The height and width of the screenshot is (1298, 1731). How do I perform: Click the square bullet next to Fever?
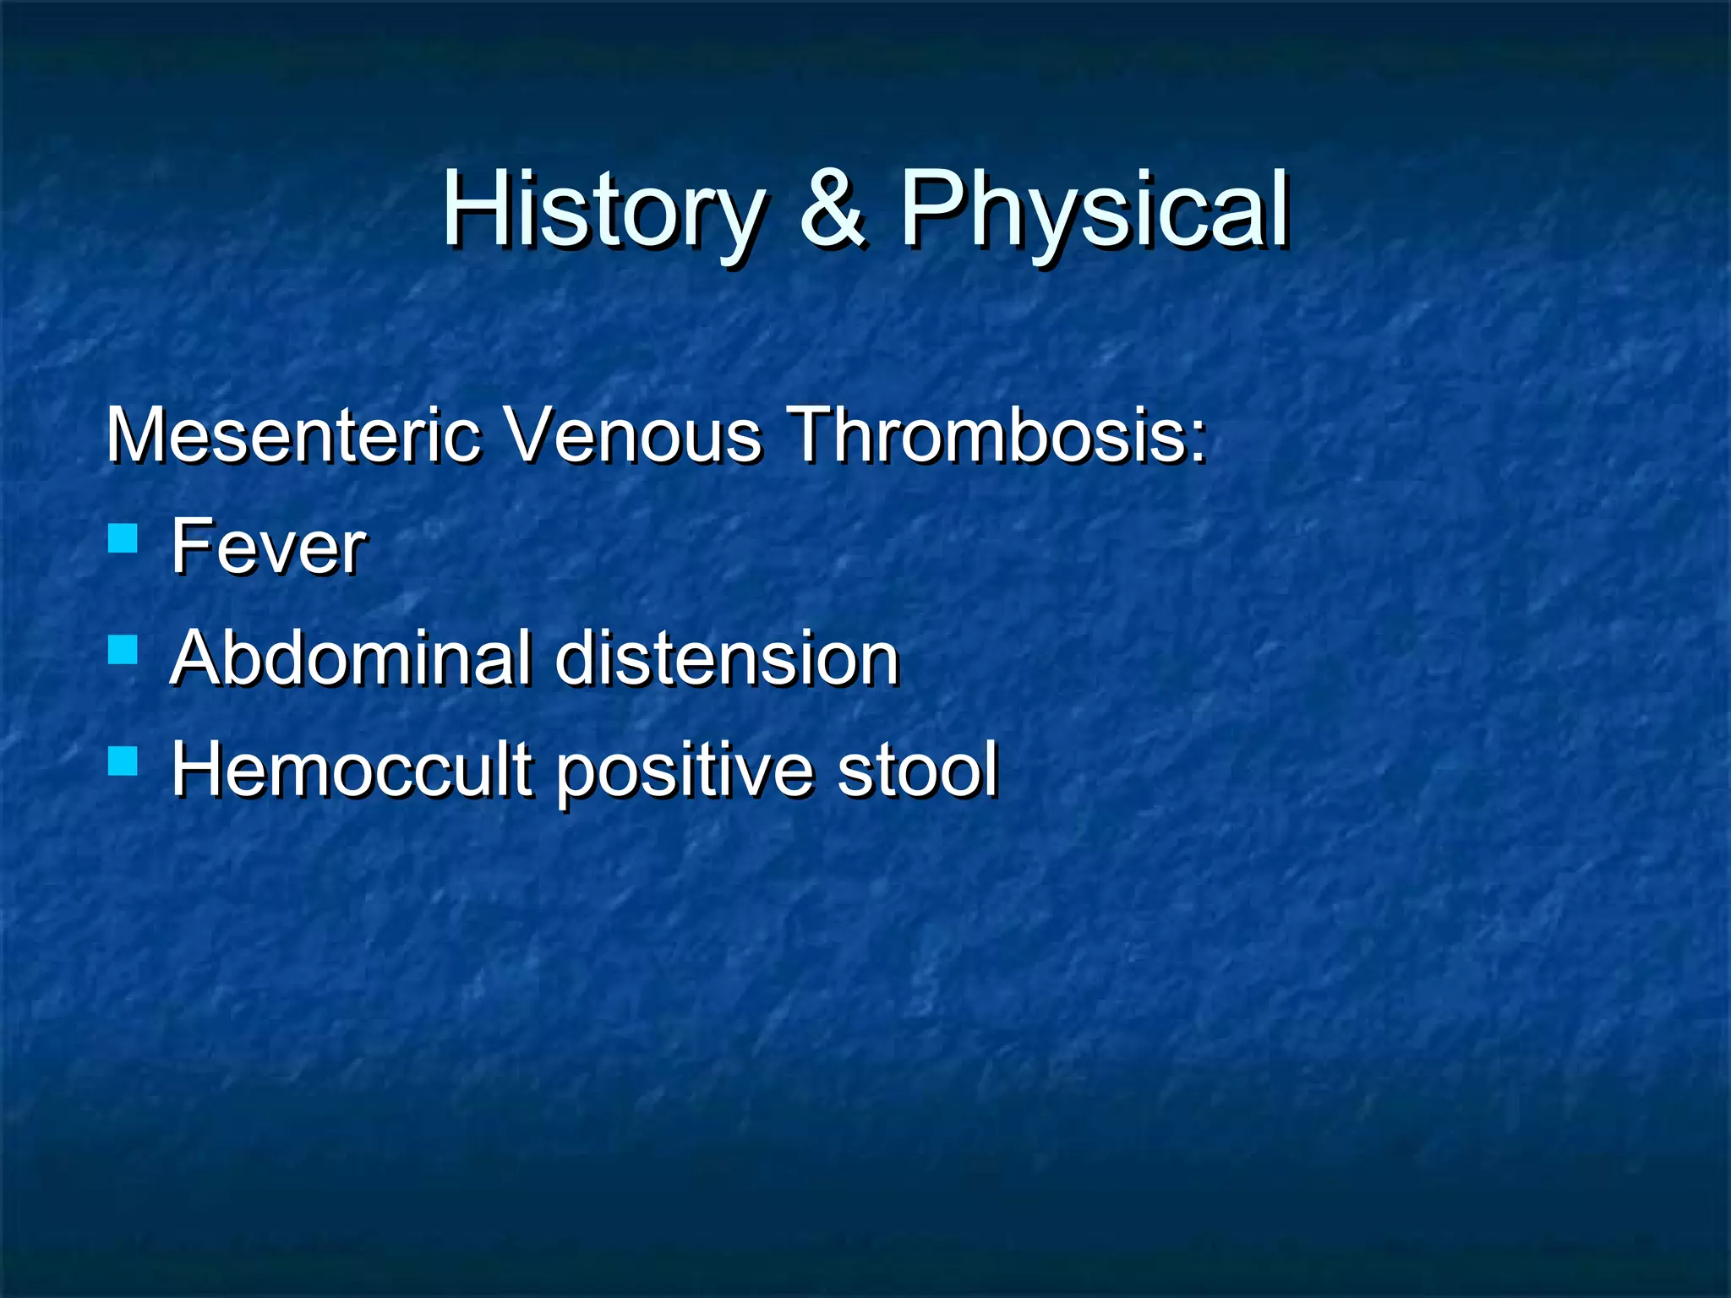123,538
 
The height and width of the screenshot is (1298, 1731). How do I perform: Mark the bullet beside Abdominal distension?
123,650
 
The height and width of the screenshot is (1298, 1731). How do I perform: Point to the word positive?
683,771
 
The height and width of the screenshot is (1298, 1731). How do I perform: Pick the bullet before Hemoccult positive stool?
123,761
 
